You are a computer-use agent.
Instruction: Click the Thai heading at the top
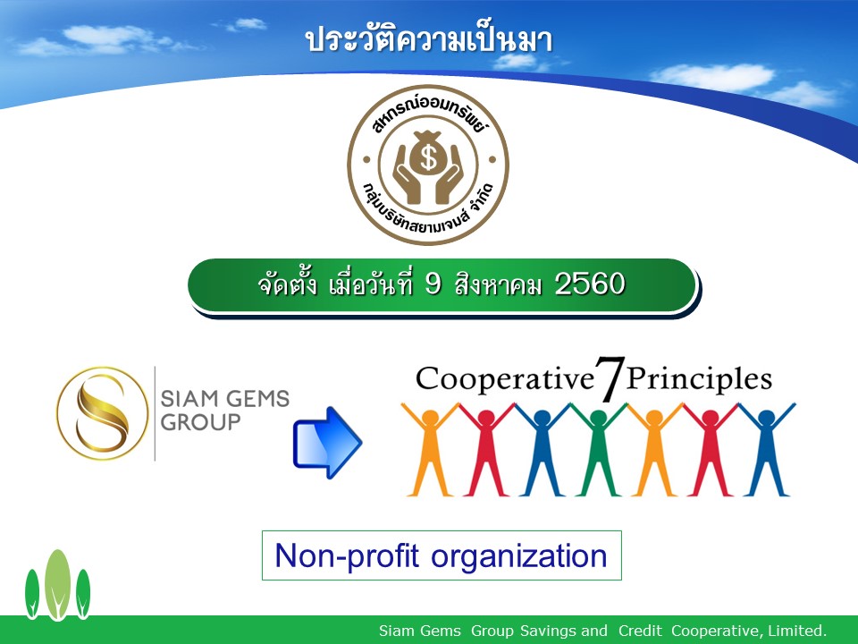click(429, 40)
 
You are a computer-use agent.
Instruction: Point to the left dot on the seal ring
click(366, 160)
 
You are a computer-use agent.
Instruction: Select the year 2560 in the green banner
click(590, 284)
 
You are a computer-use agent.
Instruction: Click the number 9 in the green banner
click(433, 284)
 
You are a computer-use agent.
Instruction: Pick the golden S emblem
click(102, 413)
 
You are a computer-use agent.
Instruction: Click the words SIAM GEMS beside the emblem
click(225, 399)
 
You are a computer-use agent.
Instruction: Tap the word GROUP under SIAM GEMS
click(200, 422)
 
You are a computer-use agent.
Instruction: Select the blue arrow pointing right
click(327, 443)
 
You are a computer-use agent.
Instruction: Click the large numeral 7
click(610, 377)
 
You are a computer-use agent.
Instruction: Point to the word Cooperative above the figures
click(504, 379)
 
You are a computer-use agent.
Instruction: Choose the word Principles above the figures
click(699, 379)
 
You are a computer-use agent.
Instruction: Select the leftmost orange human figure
click(430, 449)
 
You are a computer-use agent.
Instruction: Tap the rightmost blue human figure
click(766, 449)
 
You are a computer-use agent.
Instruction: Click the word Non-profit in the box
click(347, 556)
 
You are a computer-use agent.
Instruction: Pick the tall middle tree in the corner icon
click(57, 584)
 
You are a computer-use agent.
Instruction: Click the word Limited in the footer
click(797, 631)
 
